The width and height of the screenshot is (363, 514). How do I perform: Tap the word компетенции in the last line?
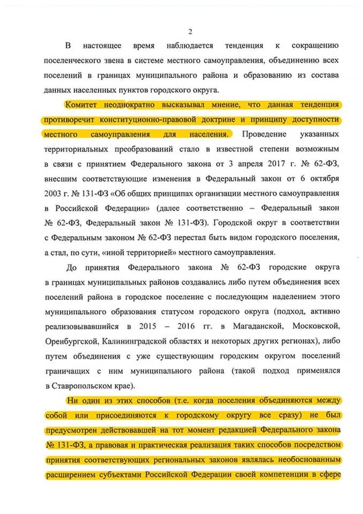coord(307,474)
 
